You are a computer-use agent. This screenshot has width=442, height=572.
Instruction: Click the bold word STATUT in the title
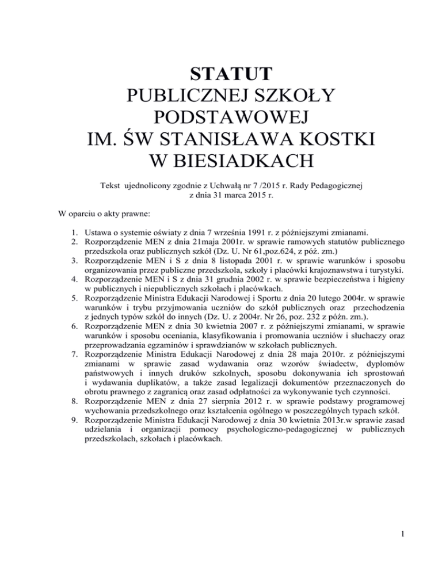[221, 75]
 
